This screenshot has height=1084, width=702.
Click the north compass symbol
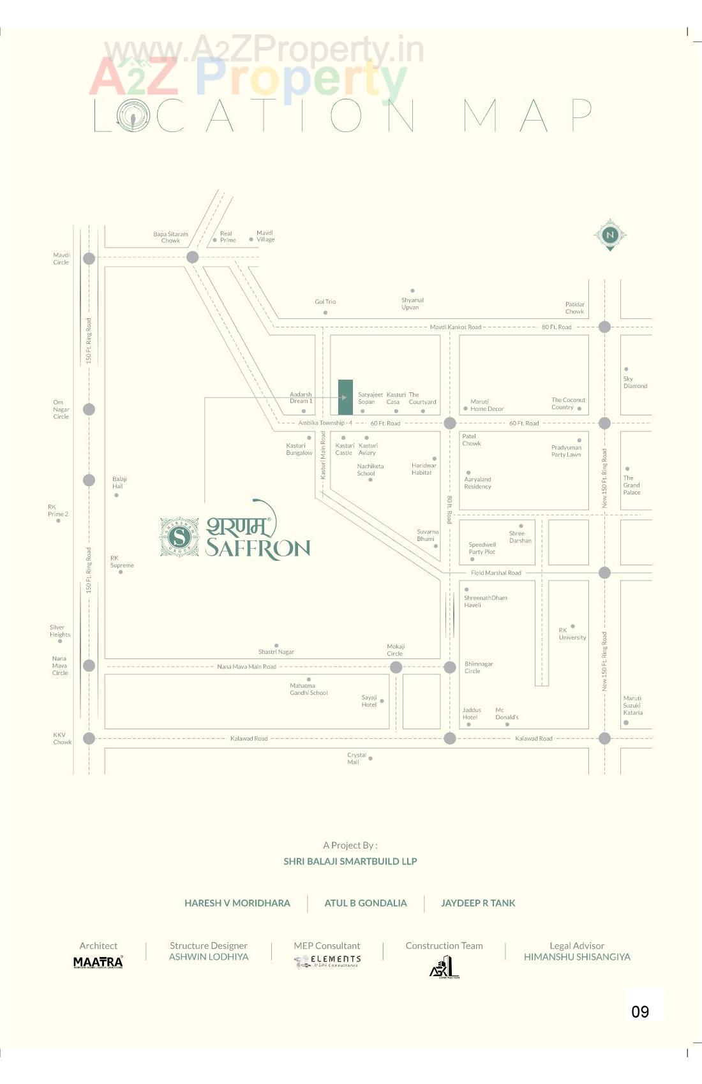(x=609, y=235)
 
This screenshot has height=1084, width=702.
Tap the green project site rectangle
(x=345, y=397)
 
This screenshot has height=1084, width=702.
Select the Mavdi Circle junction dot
(x=89, y=258)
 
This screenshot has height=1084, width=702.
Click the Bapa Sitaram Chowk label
(x=170, y=237)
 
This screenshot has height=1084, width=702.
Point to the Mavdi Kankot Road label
(x=455, y=327)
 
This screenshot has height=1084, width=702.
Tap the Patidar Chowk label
(x=574, y=308)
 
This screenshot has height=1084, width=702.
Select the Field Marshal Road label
(x=496, y=573)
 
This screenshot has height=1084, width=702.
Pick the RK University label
(x=572, y=634)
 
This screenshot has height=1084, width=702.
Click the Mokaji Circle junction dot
(x=396, y=667)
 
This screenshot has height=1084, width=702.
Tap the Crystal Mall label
(x=356, y=758)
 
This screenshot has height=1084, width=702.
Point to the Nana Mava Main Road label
(x=246, y=667)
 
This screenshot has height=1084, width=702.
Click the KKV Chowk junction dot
(x=89, y=738)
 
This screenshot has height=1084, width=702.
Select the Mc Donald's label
(x=507, y=713)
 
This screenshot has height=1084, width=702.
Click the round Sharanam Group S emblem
(x=179, y=537)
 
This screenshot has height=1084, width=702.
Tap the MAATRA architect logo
(x=98, y=962)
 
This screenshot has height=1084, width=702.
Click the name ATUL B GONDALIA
(x=365, y=903)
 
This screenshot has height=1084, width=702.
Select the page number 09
(x=640, y=1011)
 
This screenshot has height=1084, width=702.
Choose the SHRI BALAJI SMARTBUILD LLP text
(x=350, y=861)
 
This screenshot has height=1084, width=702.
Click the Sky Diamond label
(x=635, y=382)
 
